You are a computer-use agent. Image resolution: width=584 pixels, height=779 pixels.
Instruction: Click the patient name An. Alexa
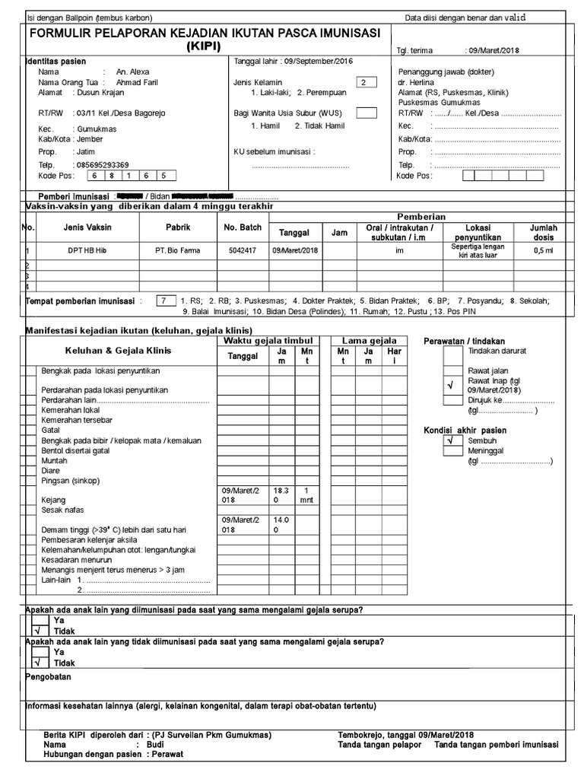132,72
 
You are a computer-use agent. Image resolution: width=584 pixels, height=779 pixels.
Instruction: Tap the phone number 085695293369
101,164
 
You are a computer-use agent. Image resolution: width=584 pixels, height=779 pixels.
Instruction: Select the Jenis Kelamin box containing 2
366,81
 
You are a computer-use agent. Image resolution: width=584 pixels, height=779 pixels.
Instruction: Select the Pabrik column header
178,227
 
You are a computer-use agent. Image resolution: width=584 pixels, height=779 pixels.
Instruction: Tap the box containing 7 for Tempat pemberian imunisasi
163,300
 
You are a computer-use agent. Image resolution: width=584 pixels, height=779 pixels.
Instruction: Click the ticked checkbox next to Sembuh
452,440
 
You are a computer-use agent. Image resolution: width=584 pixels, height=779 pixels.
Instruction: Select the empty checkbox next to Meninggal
452,451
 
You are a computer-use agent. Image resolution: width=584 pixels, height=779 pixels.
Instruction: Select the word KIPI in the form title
209,47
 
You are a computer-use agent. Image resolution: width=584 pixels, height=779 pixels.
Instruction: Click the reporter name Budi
155,745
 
